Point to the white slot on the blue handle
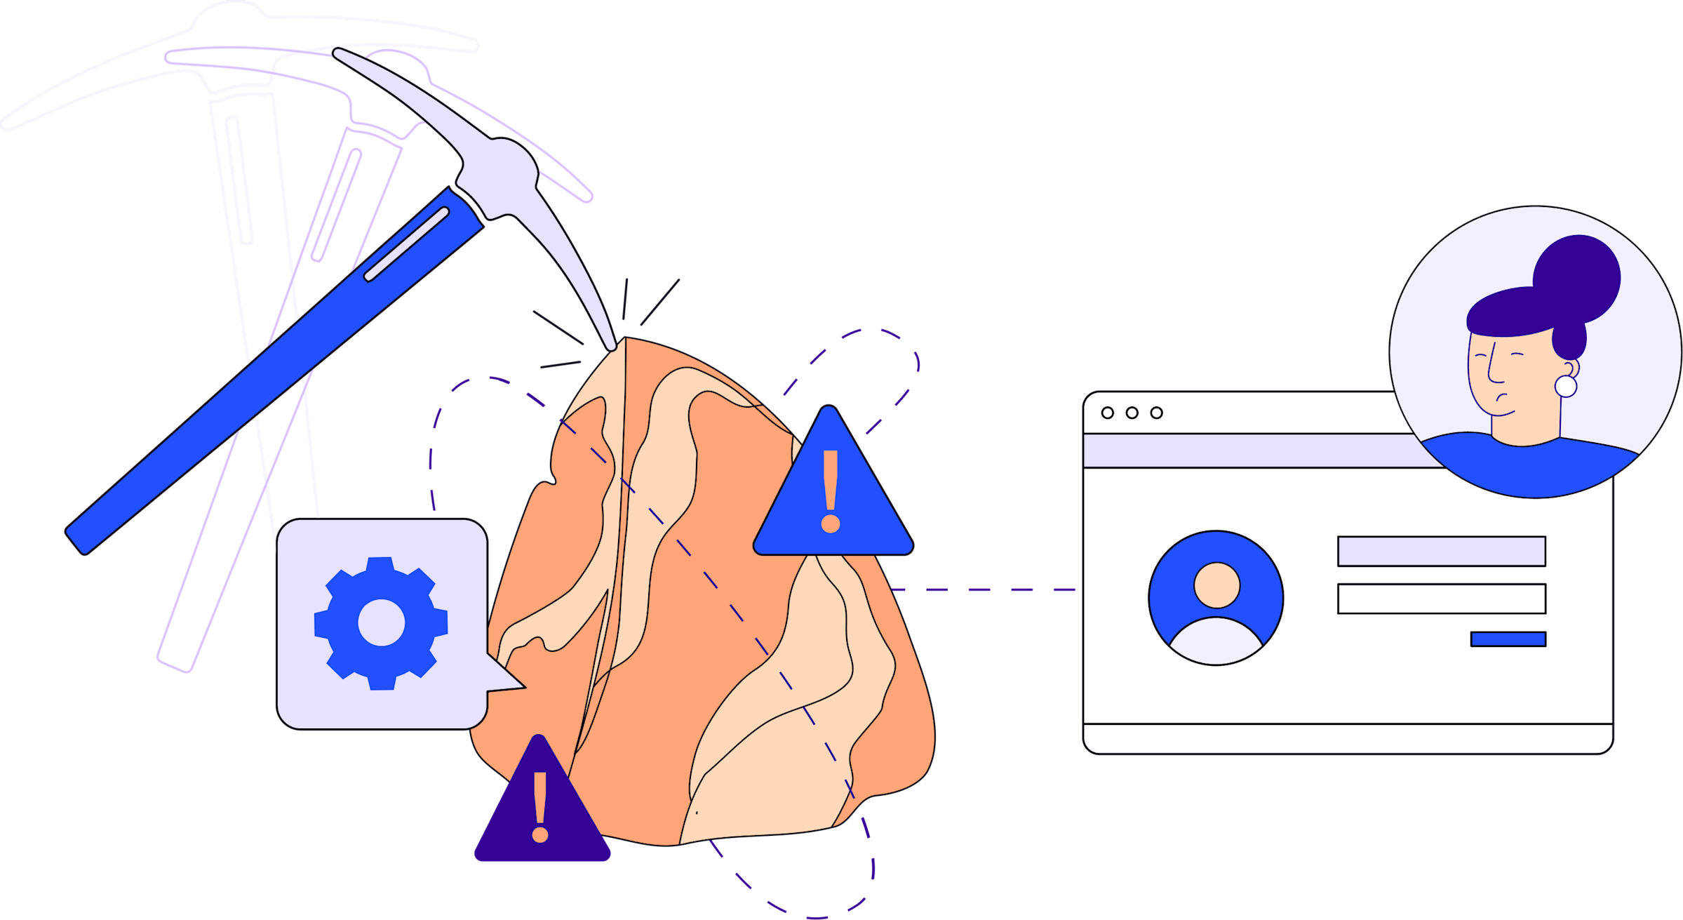406,244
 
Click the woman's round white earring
1565,386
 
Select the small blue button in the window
1508,639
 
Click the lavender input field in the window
1441,551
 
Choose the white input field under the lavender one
1441,599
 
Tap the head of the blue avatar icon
1217,585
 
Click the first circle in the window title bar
1108,413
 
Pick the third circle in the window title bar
1156,413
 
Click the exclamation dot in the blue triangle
831,524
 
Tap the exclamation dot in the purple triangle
539,834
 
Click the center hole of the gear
381,622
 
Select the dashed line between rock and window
982,589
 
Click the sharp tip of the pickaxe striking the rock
612,346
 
